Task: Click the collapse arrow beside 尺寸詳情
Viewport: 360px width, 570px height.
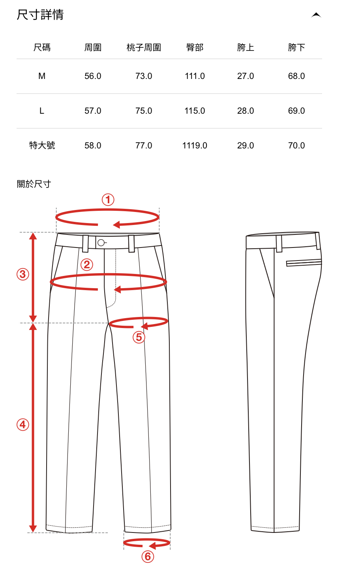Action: [316, 15]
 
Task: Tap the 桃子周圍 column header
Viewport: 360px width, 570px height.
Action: [144, 48]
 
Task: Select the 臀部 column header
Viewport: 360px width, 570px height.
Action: [195, 48]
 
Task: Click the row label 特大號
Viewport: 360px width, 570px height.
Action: [42, 146]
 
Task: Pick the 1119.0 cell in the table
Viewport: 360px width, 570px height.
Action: [195, 146]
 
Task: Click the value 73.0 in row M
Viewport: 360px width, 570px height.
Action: [144, 76]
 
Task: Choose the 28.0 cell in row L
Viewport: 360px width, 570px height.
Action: [246, 111]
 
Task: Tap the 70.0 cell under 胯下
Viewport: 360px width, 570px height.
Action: [296, 146]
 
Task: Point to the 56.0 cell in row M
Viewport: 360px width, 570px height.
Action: [93, 76]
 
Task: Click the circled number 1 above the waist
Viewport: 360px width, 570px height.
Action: [108, 200]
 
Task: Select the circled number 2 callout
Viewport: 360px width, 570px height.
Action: [87, 264]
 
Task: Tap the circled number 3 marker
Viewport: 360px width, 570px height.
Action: [23, 274]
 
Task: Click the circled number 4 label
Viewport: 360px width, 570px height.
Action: [23, 425]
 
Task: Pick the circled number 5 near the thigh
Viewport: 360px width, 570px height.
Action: [139, 337]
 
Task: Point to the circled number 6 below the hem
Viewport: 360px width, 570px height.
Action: [148, 557]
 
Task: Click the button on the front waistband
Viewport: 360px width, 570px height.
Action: [101, 243]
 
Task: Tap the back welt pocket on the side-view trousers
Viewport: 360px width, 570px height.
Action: [304, 262]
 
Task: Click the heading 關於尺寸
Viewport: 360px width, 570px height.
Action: [34, 184]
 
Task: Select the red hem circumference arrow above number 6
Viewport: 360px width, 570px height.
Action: [146, 543]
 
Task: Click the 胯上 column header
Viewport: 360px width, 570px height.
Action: [246, 48]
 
